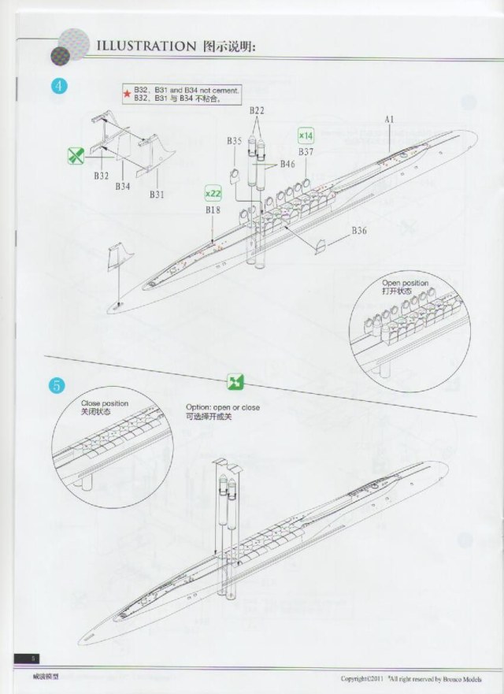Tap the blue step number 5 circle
coord(58,386)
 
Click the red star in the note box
coord(127,95)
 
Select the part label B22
coord(257,112)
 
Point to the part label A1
coord(389,119)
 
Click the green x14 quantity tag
coord(306,135)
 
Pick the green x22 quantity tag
coord(213,193)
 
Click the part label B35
coord(234,141)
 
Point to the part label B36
coord(359,230)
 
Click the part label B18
coord(213,210)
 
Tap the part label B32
coord(101,176)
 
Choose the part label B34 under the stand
coord(122,187)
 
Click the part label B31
coord(156,195)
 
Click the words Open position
coord(406,283)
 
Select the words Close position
coord(105,403)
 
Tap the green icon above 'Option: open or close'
coord(234,382)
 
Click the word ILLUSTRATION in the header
coord(140,46)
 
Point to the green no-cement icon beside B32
coord(76,155)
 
